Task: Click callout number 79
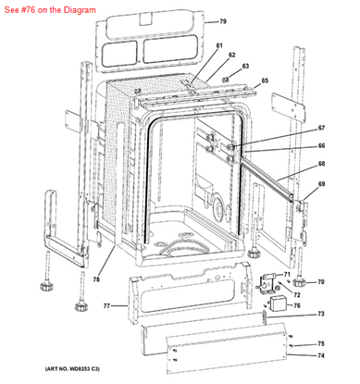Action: point(222,21)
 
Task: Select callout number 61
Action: point(219,46)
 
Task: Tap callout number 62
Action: point(231,56)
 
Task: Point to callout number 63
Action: point(246,67)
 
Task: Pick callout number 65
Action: point(264,81)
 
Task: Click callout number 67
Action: point(322,128)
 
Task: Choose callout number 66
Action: point(322,145)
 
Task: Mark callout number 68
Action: point(322,165)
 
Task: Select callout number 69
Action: point(322,186)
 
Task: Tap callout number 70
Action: point(322,282)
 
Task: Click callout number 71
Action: point(287,275)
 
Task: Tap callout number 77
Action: point(106,304)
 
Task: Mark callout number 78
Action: point(96,279)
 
